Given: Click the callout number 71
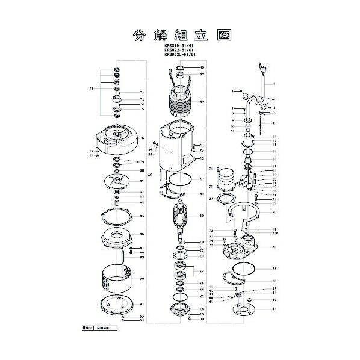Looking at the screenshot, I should [91, 88].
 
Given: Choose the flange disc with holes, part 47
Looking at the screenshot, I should [246, 310].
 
